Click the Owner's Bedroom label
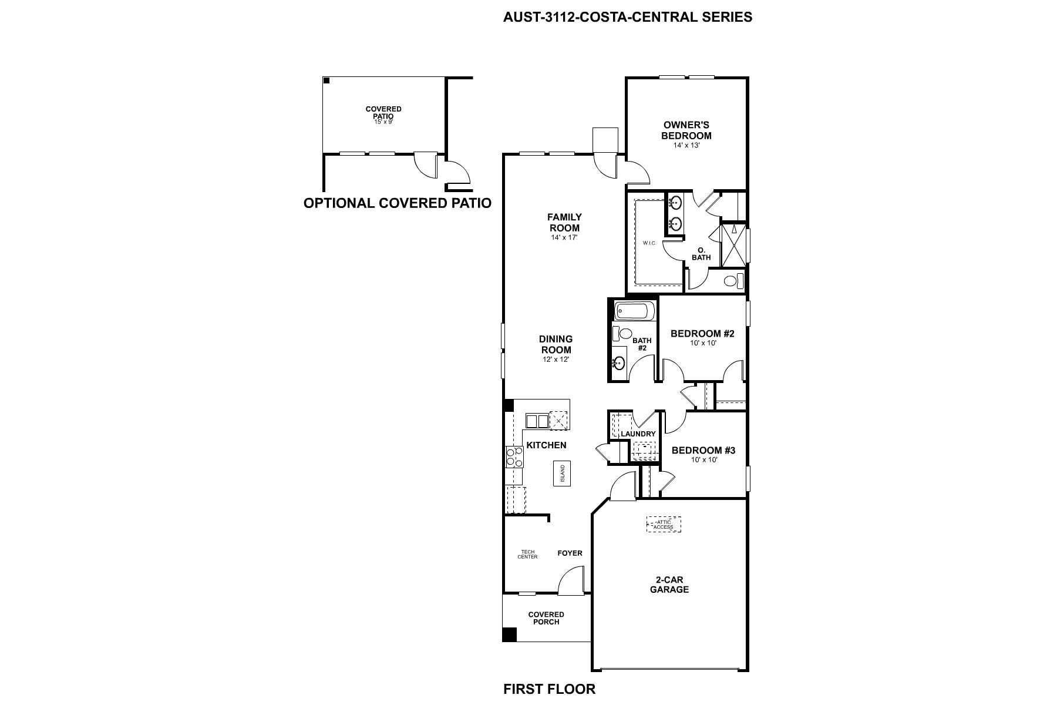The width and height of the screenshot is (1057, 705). coord(686,130)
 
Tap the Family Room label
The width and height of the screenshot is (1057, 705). coord(564,223)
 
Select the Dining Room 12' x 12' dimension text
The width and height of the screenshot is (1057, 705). coord(556,359)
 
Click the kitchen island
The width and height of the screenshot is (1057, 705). coord(562,474)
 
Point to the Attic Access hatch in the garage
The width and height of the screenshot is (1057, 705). coord(664,524)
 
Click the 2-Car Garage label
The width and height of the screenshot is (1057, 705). coord(669,585)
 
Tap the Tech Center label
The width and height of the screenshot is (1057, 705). coord(527,554)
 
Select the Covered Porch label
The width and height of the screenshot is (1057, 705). coord(546,618)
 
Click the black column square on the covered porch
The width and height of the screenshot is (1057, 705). coord(509,634)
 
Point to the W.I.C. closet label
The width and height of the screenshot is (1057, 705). coord(649,243)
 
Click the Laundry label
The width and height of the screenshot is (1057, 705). coord(638,434)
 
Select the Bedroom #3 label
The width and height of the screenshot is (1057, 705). coord(703,451)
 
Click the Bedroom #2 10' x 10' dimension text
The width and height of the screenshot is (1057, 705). coord(703,343)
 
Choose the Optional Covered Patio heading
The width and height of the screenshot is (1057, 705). coord(397,203)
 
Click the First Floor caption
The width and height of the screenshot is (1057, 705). coord(549,689)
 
